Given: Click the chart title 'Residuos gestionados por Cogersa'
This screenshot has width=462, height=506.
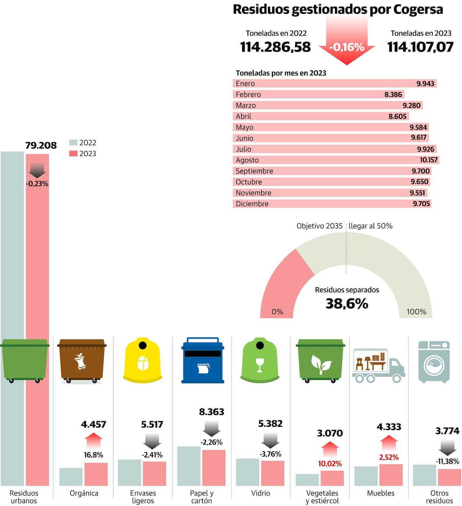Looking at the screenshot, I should tap(338, 10).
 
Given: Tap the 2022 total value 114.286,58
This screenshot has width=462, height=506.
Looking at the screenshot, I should tap(276, 47).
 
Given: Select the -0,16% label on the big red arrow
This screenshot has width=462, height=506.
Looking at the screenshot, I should tap(346, 47).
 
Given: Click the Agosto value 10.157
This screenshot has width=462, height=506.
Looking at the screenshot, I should tap(429, 160).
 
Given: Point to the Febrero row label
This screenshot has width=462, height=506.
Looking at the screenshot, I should tap(248, 95).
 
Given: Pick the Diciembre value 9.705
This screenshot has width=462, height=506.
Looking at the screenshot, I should tap(421, 204).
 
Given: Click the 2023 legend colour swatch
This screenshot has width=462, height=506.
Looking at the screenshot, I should tap(73, 154).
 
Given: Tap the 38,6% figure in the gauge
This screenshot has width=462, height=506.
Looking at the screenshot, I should tap(347, 304).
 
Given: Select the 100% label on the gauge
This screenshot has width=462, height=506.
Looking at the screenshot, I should tap(416, 312).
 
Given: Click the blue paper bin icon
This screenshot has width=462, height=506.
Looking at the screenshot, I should tap(203, 360).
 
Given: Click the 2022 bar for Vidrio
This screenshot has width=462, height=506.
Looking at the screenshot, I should tap(248, 472).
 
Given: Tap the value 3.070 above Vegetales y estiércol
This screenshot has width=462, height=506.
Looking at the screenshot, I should tap(330, 433).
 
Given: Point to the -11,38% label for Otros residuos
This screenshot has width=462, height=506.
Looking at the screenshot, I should tap(447, 461).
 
